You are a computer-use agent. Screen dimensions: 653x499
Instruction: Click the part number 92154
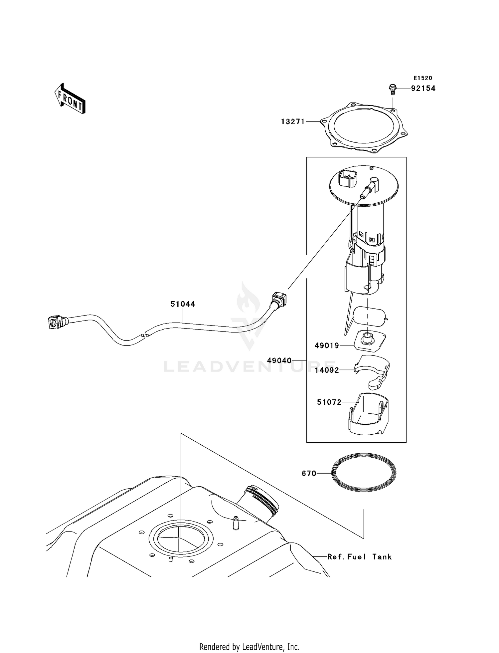(423, 89)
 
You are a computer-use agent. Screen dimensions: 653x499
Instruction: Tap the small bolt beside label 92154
(393, 89)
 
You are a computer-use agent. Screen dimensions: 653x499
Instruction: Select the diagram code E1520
(423, 78)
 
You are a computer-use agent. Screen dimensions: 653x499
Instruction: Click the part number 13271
(293, 122)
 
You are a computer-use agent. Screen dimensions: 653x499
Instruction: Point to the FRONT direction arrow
(70, 99)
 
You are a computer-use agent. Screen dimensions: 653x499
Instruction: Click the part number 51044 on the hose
(183, 304)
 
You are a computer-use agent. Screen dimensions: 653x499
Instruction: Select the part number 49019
(327, 345)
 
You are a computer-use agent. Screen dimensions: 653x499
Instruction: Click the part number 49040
(279, 360)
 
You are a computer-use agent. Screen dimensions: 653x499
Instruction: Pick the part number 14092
(327, 370)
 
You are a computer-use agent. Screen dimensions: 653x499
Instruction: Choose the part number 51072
(329, 402)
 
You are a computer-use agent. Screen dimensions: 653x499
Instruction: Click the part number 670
(309, 473)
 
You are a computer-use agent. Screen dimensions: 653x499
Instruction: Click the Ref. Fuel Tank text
(359, 557)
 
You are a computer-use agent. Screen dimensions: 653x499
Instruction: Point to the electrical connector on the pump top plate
(347, 179)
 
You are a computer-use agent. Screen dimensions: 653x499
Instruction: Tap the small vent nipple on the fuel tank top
(236, 523)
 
